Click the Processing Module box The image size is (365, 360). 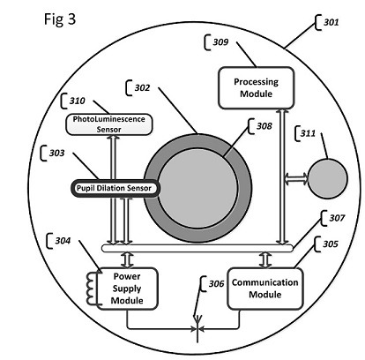[256, 87]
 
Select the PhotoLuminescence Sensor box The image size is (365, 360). [108, 124]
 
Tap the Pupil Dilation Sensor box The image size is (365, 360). [115, 188]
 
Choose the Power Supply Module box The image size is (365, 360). [127, 289]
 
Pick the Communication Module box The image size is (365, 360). [265, 289]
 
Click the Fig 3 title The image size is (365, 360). [60, 19]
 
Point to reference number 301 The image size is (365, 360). [331, 22]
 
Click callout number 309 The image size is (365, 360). [220, 42]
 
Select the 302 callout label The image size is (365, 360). [142, 87]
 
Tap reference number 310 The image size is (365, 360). [77, 101]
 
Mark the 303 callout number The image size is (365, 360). [56, 153]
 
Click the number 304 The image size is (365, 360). [63, 241]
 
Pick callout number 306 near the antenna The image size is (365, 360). [216, 283]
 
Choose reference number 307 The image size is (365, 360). [337, 218]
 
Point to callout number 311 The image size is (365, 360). [308, 133]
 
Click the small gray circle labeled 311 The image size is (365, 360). [327, 178]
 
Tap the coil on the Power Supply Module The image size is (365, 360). [92, 289]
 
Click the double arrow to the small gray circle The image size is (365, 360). [296, 178]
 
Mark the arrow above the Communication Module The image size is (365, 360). [266, 260]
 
